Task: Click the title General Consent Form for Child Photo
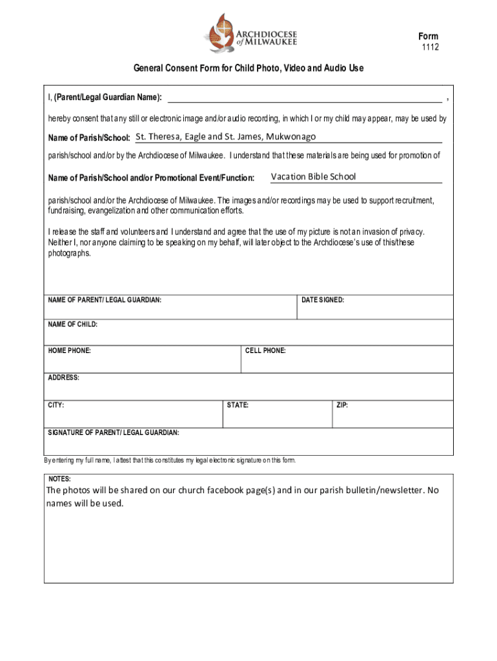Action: (x=249, y=68)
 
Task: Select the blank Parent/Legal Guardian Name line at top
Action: (x=305, y=97)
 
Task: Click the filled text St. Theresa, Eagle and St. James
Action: (x=225, y=137)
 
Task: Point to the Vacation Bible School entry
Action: (x=313, y=177)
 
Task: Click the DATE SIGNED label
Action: (x=323, y=300)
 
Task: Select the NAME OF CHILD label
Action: (x=73, y=325)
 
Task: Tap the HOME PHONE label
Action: (x=70, y=351)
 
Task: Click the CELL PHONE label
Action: (x=265, y=351)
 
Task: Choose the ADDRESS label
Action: (x=64, y=378)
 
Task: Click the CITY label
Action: (x=56, y=405)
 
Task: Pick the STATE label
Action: (x=238, y=405)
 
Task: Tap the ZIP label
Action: (x=342, y=405)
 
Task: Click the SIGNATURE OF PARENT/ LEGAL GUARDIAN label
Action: (x=114, y=432)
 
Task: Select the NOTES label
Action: (x=60, y=479)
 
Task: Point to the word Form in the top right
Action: (x=428, y=36)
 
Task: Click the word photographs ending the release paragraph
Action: (x=70, y=254)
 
